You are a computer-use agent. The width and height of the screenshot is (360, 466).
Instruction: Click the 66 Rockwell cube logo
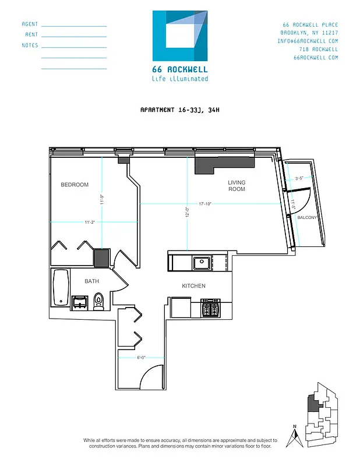click(179, 36)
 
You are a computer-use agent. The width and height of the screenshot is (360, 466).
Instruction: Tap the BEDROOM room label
click(75, 185)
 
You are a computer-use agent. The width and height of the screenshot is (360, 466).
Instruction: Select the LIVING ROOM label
click(237, 186)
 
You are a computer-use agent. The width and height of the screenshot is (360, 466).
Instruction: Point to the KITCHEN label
click(193, 286)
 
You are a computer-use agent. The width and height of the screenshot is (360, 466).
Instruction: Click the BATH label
click(91, 281)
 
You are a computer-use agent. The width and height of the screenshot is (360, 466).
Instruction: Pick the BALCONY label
click(306, 217)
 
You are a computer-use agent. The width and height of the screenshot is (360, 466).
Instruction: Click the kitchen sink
click(202, 263)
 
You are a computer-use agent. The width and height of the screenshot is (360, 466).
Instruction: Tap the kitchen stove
click(210, 306)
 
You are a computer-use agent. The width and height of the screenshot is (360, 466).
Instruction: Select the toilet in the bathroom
click(98, 300)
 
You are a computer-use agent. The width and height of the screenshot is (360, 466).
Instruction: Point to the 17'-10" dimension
click(204, 204)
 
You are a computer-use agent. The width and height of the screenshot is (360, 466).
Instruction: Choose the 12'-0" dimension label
click(187, 213)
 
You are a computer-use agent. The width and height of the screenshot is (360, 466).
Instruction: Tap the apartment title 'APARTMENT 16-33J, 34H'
click(179, 110)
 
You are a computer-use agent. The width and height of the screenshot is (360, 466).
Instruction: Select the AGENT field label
click(30, 24)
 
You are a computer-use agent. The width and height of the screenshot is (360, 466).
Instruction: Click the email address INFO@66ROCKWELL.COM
click(308, 41)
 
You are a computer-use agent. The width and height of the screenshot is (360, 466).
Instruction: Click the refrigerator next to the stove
click(181, 306)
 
